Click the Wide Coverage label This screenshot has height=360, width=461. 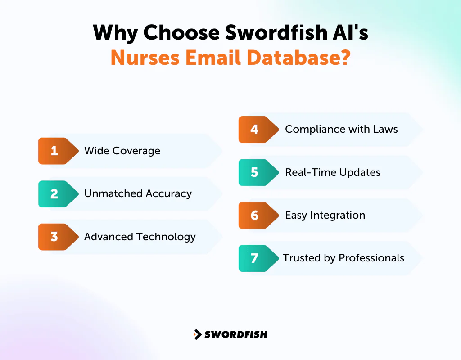(122, 151)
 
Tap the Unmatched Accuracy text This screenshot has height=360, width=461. (138, 194)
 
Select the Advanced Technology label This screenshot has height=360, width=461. (140, 237)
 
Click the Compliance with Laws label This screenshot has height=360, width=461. (341, 130)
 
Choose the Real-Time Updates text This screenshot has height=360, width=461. (333, 172)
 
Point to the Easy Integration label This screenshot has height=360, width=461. (325, 216)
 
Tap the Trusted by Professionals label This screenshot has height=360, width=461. (343, 258)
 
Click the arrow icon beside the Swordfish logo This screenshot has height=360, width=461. (197, 334)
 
